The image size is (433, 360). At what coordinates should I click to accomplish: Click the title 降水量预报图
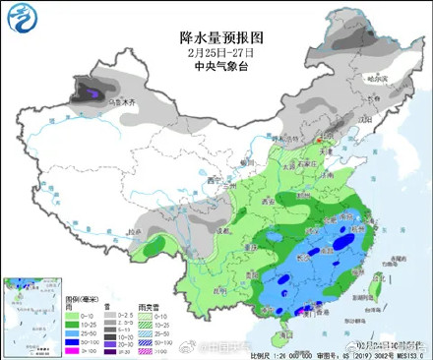(x=217, y=34)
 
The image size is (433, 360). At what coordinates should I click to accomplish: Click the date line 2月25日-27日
(x=217, y=51)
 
